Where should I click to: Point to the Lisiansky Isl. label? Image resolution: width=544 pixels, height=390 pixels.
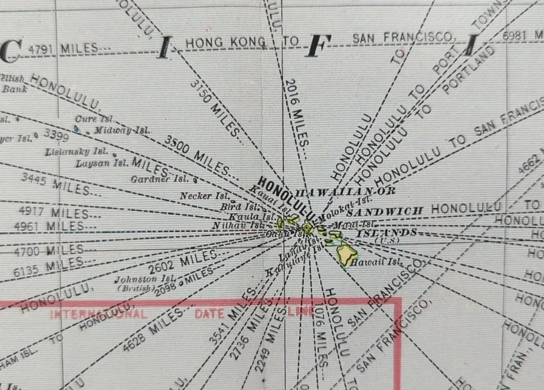76,152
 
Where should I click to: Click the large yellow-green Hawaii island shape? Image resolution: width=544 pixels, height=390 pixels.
346,252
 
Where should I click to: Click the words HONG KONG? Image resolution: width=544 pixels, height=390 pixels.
226,42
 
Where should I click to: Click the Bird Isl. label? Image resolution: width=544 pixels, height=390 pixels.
238,206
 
